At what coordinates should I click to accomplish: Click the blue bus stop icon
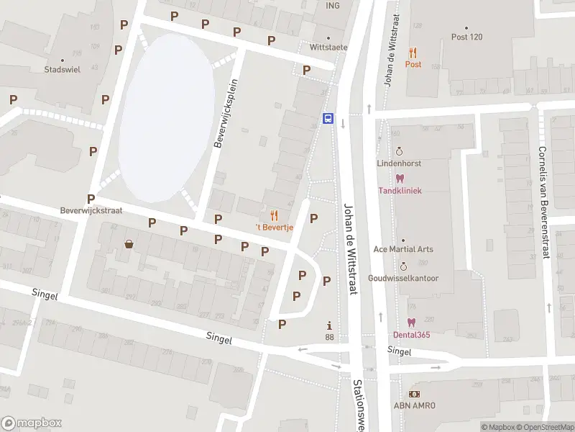(328, 119)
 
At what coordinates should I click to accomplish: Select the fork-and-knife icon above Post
(413, 53)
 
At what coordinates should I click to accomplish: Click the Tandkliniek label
(400, 191)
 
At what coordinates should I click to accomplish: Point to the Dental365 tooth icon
(411, 323)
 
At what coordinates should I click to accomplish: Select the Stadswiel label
(62, 70)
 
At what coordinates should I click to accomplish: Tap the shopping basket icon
(129, 244)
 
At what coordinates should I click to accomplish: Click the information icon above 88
(330, 325)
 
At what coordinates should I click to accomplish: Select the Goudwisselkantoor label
(403, 278)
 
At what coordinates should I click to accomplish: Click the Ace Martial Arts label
(403, 249)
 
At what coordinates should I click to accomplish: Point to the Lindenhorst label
(400, 163)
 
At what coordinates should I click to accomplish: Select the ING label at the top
(332, 6)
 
